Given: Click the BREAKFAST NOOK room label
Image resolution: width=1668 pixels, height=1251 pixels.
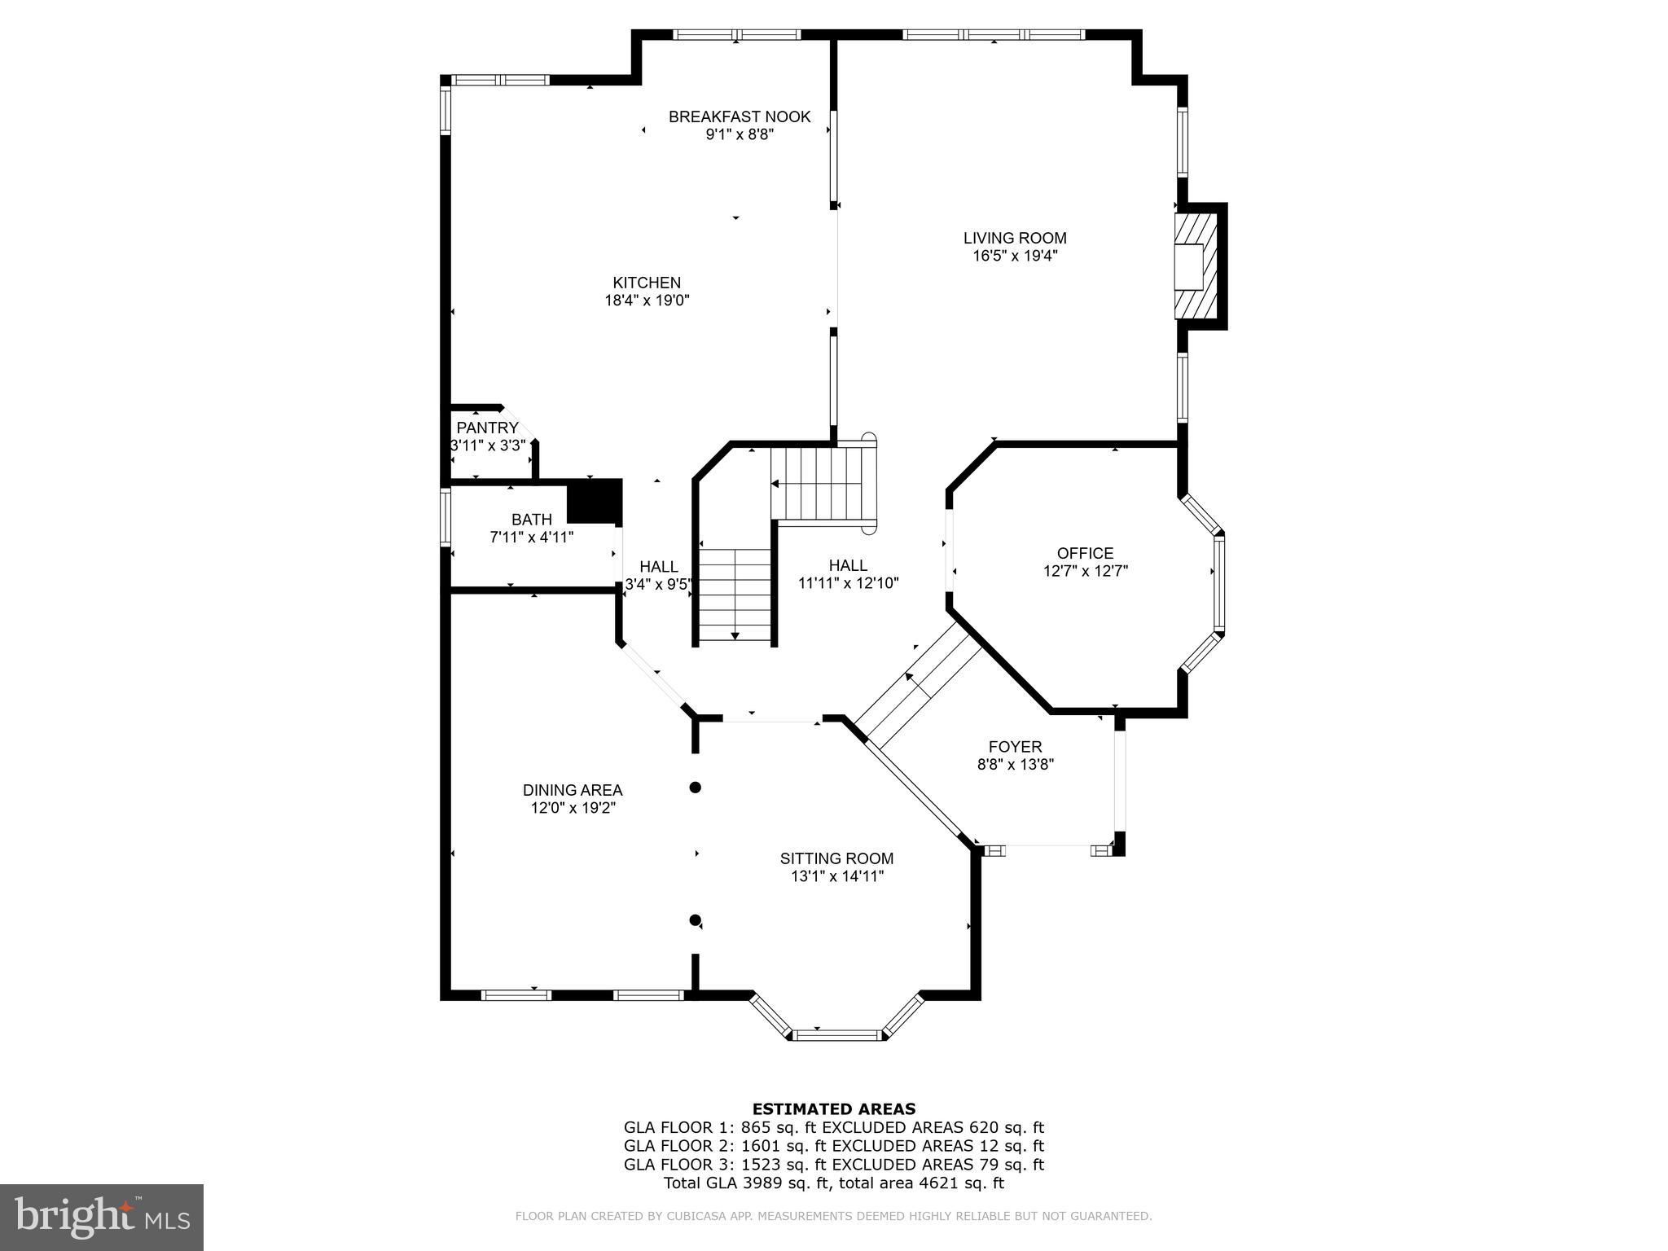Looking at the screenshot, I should click(739, 116).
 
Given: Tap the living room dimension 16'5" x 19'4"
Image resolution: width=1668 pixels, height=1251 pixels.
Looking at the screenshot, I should click(1014, 256).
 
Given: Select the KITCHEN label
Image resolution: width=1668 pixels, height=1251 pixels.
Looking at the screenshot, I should click(647, 283).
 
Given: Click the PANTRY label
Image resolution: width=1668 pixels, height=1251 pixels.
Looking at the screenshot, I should click(487, 428).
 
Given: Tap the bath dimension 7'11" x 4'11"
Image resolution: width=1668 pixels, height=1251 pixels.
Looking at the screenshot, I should click(531, 538).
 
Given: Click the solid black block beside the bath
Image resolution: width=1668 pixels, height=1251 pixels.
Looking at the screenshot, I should click(595, 501).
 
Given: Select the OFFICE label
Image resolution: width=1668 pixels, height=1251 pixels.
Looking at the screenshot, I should click(1085, 553).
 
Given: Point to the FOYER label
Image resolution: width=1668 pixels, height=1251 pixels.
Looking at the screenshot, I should click(1015, 747).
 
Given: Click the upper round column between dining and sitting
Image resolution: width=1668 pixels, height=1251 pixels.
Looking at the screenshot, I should click(696, 788).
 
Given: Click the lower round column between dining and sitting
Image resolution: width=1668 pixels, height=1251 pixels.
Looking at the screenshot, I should click(695, 920).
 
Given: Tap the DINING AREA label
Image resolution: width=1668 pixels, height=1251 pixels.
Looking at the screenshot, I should click(572, 790).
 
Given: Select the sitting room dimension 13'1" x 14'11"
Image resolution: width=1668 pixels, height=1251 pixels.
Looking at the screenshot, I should click(836, 876).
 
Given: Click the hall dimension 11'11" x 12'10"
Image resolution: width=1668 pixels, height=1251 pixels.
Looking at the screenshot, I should click(848, 583).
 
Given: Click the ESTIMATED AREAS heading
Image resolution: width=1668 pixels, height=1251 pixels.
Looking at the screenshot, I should click(833, 1108).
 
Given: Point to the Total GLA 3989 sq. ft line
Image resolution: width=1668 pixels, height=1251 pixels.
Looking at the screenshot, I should click(833, 1183).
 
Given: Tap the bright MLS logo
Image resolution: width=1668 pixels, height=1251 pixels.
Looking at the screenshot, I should click(101, 1217).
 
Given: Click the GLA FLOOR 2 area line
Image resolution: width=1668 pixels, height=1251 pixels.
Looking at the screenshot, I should click(833, 1146).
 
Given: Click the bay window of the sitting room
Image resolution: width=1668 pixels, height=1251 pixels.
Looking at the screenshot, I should click(837, 1034).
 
